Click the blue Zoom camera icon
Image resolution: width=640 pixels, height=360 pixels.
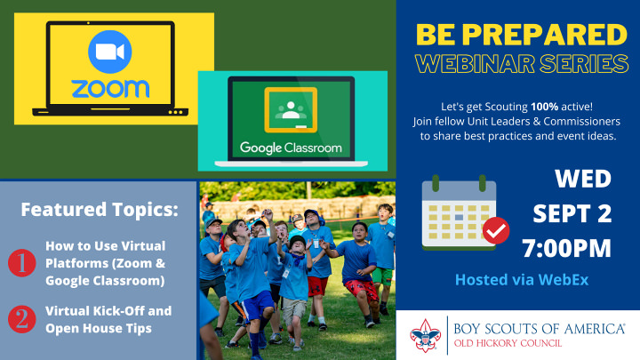[x=110, y=52]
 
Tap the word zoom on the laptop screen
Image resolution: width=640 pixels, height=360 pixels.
[x=110, y=89]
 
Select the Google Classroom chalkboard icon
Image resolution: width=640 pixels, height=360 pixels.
[x=291, y=110]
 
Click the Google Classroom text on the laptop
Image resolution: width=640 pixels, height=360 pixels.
[x=291, y=148]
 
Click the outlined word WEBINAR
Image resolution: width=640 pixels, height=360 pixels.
[x=475, y=64]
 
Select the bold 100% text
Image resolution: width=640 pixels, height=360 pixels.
[x=544, y=107]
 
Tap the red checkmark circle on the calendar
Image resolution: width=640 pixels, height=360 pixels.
[x=496, y=230]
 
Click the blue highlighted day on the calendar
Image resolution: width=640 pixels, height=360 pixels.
[x=459, y=218]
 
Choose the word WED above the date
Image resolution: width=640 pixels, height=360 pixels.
[x=583, y=179]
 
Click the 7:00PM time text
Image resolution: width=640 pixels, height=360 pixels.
[x=567, y=248]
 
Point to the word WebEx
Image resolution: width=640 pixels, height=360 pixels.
[x=564, y=280]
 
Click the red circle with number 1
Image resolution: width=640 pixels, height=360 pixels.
[x=21, y=263]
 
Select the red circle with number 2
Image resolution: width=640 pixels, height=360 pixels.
[x=21, y=319]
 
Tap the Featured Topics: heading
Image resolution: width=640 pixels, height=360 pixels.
[x=100, y=210]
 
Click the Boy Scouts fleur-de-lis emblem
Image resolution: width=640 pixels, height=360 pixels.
[x=425, y=335]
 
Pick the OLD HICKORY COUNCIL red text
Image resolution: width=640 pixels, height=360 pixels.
[x=508, y=343]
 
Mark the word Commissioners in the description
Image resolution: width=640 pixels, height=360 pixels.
[x=581, y=121]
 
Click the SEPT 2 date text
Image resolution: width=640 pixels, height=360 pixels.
[x=572, y=213]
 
